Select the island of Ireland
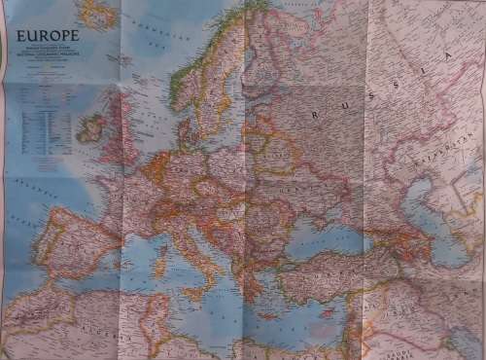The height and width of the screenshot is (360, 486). pyautogui.click(x=90, y=127)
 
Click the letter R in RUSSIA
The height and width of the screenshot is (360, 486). pyautogui.click(x=315, y=115)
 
